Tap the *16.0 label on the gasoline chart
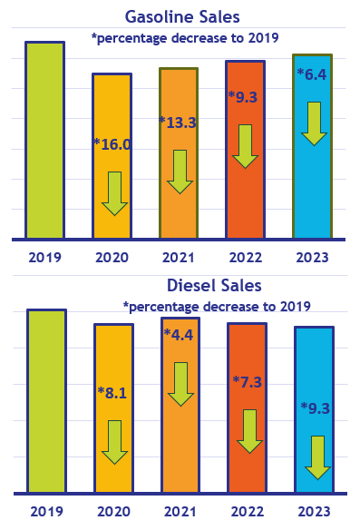pyautogui.click(x=113, y=144)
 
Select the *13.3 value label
pyautogui.click(x=178, y=123)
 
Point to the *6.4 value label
pyautogui.click(x=313, y=74)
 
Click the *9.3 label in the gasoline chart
pyautogui.click(x=245, y=95)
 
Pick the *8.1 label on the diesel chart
pyautogui.click(x=113, y=393)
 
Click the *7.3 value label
pyautogui.click(x=246, y=382)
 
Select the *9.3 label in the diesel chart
pyautogui.click(x=315, y=408)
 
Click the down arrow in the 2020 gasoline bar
pyautogui.click(x=114, y=193)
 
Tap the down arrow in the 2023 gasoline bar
pyautogui.click(x=314, y=123)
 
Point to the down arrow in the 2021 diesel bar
pyautogui.click(x=180, y=384)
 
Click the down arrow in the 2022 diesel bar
pyautogui.click(x=248, y=431)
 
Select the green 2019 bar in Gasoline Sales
pyautogui.click(x=44, y=141)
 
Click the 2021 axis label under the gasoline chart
pyautogui.click(x=179, y=257)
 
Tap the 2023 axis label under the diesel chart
pyautogui.click(x=314, y=511)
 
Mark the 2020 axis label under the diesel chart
pyautogui.click(x=113, y=511)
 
